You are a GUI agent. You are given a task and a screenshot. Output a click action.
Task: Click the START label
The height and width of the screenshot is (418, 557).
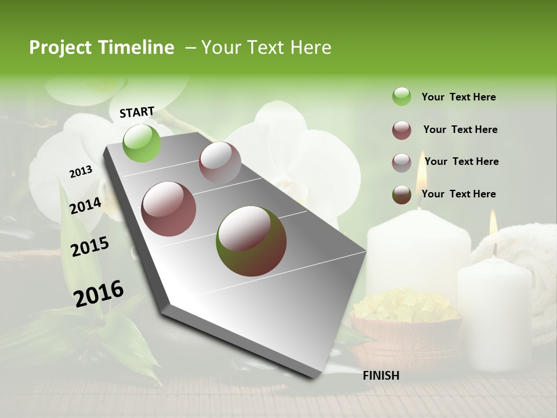(x=137, y=112)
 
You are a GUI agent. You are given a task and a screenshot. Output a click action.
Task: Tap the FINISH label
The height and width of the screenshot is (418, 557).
(x=381, y=376)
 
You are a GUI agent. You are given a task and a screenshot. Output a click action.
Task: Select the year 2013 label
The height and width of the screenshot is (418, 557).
(x=81, y=172)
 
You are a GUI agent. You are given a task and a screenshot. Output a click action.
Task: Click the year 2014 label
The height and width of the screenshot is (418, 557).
(x=85, y=206)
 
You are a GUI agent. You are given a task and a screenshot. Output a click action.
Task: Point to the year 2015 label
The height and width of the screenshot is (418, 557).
(x=90, y=247)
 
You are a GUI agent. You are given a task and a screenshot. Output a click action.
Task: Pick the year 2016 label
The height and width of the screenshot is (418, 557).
(x=99, y=294)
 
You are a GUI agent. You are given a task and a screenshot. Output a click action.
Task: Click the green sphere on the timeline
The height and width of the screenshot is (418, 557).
(x=142, y=143)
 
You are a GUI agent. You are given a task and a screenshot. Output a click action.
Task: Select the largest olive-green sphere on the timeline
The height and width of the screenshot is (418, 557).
(x=251, y=241)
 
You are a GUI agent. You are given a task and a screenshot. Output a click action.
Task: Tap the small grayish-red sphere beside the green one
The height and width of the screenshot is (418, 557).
(x=220, y=163)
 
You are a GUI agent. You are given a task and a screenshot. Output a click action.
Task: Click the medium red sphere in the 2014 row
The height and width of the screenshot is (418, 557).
(x=169, y=209)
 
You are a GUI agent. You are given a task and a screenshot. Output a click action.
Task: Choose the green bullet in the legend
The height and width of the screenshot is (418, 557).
(x=402, y=97)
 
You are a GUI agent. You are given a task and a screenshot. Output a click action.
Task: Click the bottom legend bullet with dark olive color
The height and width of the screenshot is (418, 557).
(x=402, y=194)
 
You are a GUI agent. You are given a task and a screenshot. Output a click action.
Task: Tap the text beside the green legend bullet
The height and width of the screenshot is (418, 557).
(x=458, y=97)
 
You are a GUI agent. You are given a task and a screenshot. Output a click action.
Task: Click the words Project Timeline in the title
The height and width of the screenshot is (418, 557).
(x=102, y=48)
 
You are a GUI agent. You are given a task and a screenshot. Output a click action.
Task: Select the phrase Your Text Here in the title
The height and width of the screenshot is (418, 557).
(x=266, y=48)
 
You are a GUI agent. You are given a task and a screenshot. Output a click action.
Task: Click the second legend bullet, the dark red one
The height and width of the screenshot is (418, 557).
(x=402, y=130)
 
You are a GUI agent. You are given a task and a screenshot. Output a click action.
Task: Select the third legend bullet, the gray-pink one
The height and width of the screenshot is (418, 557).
(x=402, y=163)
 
